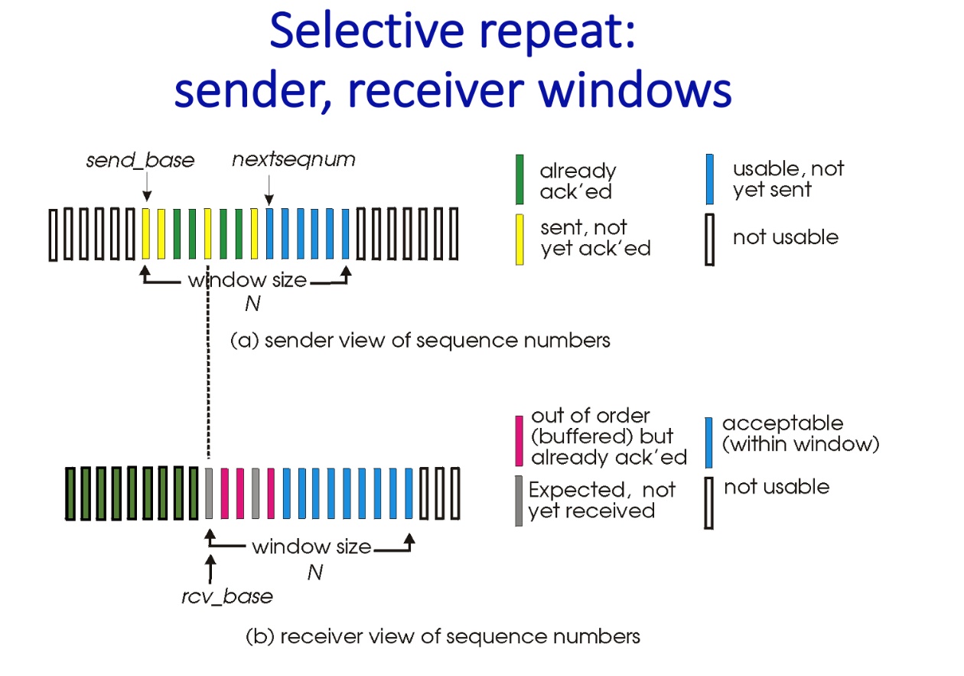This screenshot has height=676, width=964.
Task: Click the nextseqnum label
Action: tap(294, 161)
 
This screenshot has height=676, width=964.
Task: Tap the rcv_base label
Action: tap(226, 596)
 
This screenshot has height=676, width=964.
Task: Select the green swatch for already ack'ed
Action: tap(520, 180)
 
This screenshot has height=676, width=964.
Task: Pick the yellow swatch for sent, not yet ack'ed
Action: tap(520, 239)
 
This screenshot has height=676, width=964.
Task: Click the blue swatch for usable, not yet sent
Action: tap(709, 180)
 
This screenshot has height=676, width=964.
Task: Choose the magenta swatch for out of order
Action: tap(520, 439)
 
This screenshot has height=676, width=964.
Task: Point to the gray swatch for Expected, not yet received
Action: tap(520, 500)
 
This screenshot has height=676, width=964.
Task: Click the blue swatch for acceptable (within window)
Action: tap(709, 442)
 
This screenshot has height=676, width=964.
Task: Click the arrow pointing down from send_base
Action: tap(146, 186)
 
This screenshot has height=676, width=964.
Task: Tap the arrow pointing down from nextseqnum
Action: tap(269, 186)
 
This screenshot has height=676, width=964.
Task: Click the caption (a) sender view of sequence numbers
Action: tap(420, 339)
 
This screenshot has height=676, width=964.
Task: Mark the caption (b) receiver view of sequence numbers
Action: tap(442, 636)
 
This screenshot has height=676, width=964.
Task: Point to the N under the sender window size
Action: tap(252, 304)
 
